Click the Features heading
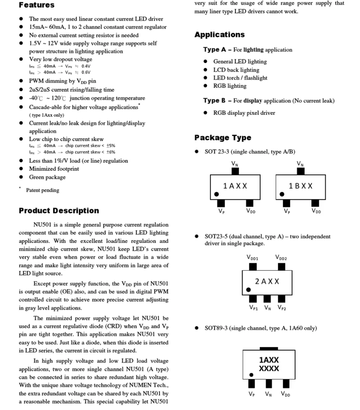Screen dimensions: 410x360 tap(37, 5)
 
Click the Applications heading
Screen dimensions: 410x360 tap(219, 35)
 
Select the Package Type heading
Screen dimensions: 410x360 tap(223, 138)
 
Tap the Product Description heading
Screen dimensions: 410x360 tap(59, 211)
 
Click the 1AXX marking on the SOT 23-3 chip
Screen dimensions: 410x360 tap(235, 186)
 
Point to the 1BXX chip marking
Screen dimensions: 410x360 tap(301, 186)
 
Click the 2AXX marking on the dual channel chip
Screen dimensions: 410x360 tap(267, 281)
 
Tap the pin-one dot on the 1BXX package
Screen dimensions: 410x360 tap(282, 194)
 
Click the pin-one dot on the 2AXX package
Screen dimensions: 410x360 tap(248, 290)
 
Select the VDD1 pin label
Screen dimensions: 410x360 tap(252, 258)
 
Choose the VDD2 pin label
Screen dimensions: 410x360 tap(281, 258)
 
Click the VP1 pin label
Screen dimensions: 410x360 tap(253, 307)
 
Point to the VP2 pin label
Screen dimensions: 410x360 tap(282, 307)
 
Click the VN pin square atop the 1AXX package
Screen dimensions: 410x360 tap(235, 171)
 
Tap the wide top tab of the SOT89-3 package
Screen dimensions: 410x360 tap(269, 349)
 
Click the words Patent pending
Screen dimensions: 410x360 tap(42, 190)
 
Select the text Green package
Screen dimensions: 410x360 tap(47, 177)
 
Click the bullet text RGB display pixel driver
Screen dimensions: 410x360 tap(244, 113)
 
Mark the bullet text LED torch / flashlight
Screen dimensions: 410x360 tap(240, 78)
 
